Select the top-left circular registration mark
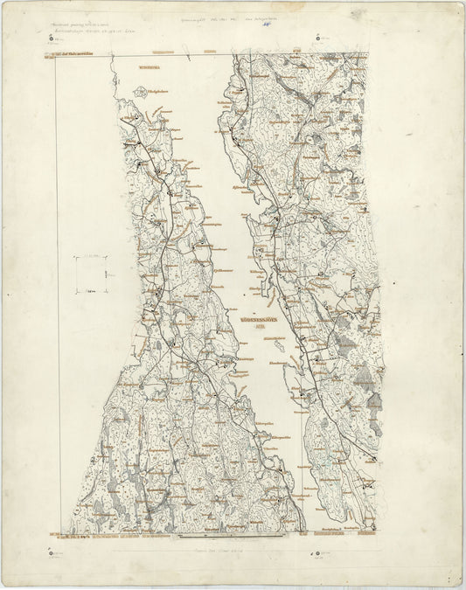(x=52, y=39)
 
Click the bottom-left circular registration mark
(x=52, y=552)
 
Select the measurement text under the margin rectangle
(x=92, y=297)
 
